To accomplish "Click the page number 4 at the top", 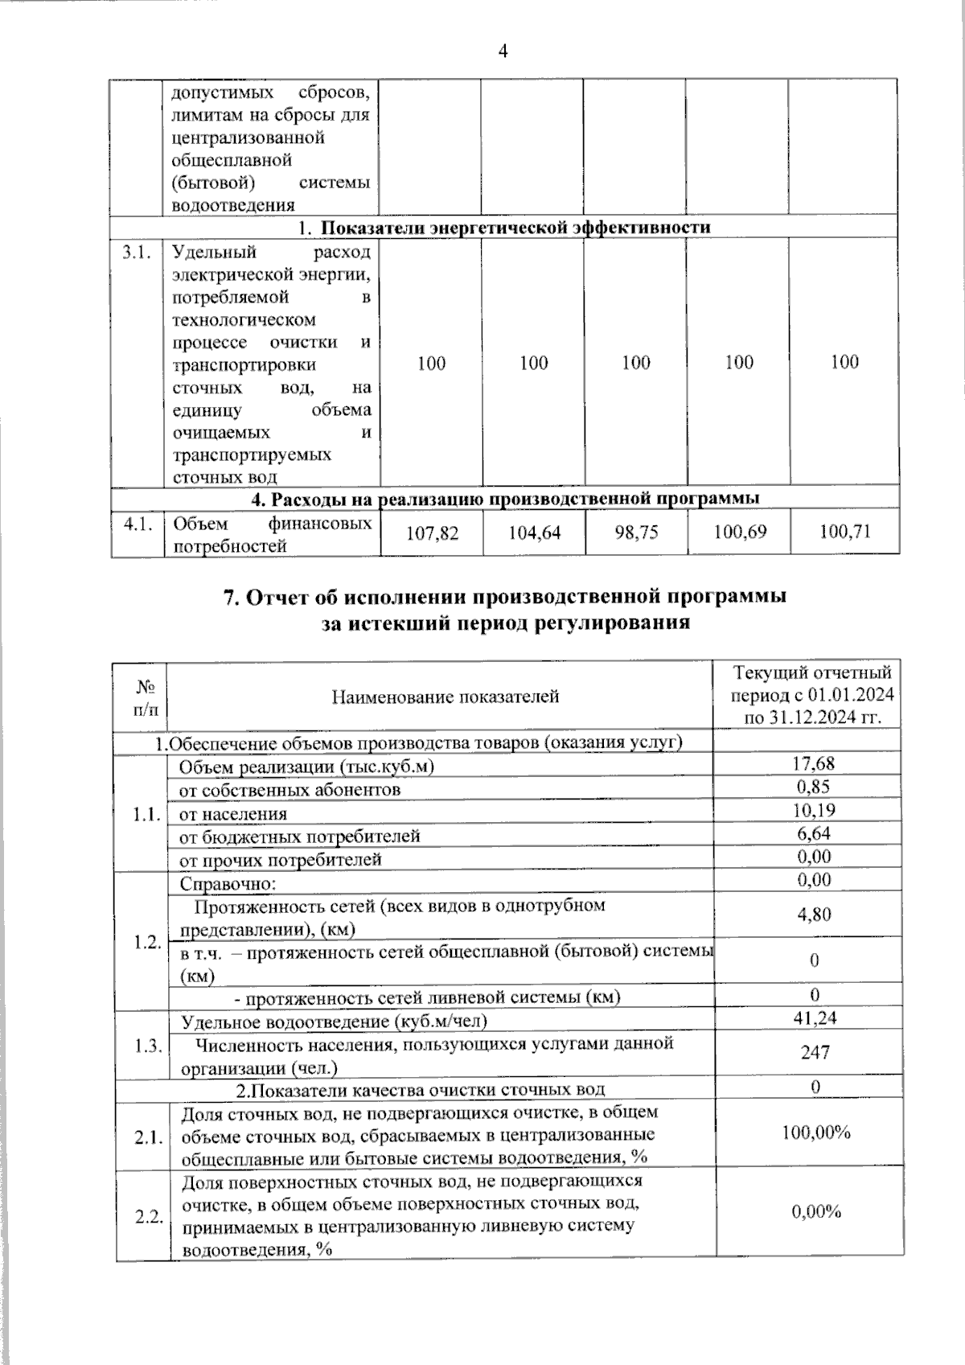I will (x=503, y=51).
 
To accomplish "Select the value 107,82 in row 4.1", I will (x=432, y=532).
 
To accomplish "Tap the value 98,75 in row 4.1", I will (x=636, y=532).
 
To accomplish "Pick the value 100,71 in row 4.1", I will (x=844, y=532).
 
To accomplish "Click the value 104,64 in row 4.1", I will (x=534, y=532).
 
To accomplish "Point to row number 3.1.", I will (x=136, y=253).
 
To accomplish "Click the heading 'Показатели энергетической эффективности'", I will (x=515, y=227).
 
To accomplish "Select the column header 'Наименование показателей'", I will (x=446, y=697).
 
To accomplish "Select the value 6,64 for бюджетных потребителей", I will (x=814, y=833).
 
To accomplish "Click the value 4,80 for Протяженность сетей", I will (x=814, y=914).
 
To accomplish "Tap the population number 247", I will (x=815, y=1051).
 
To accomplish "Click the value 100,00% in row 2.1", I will (x=816, y=1133).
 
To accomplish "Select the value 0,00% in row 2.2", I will (x=816, y=1212).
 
